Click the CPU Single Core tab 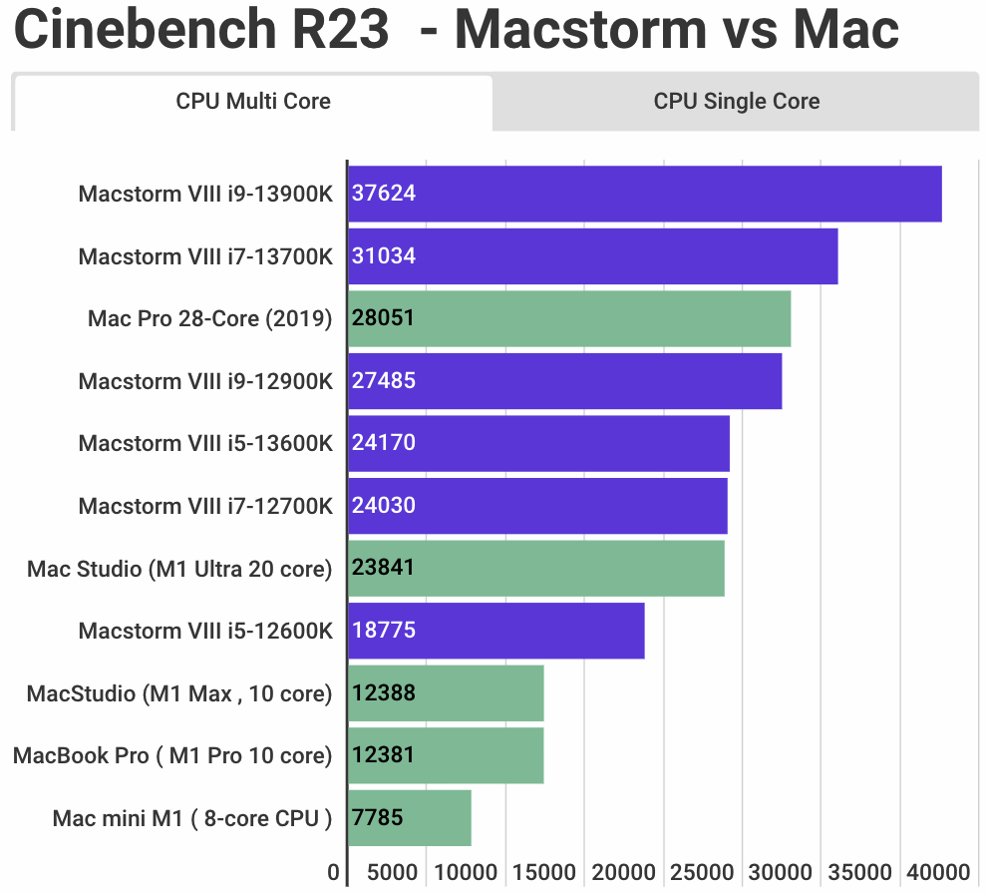pos(737,101)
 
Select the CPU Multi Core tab pos(253,101)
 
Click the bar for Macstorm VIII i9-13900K pos(644,194)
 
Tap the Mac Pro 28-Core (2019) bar pos(569,318)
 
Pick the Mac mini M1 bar pos(410,818)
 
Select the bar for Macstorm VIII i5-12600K pos(496,631)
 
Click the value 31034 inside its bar pos(384,256)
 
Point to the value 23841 pos(384,568)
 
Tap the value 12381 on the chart pos(384,755)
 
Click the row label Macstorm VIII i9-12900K pos(205,381)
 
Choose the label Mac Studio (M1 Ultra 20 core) pos(179,569)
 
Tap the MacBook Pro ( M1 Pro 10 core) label pos(172,755)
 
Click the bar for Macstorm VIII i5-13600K pos(538,443)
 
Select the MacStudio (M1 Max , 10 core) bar pos(446,692)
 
